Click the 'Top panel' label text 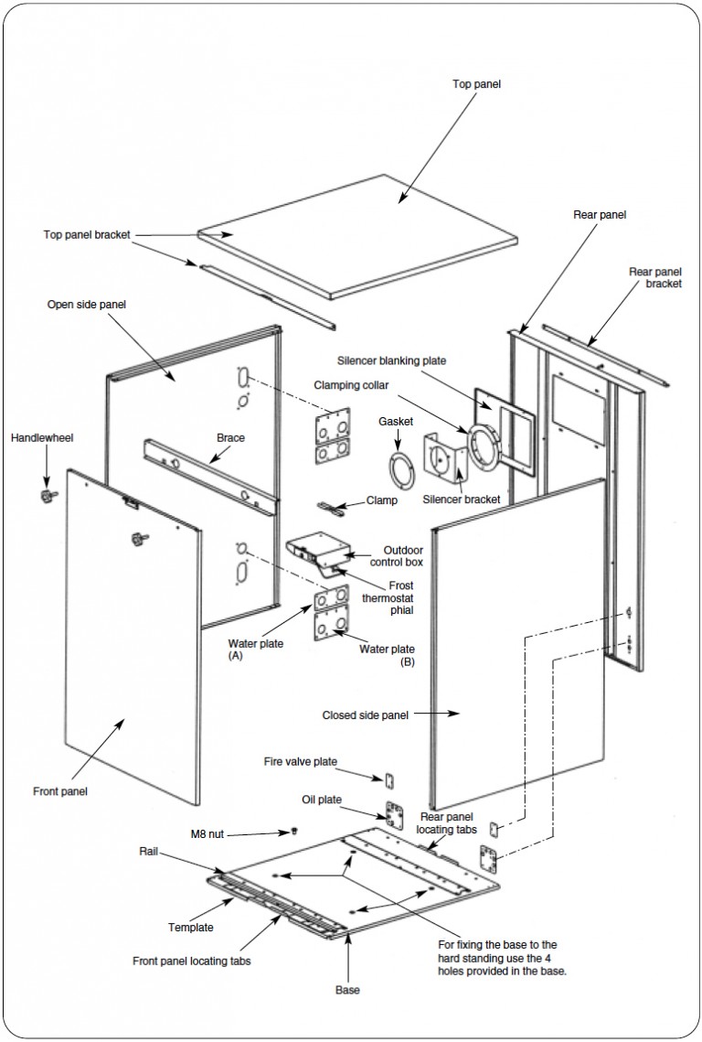(476, 84)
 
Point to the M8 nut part (294, 831)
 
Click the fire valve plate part (390, 779)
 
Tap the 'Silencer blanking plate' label (391, 360)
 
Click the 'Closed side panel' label (366, 715)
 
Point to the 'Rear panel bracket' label (654, 278)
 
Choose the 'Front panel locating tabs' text (192, 961)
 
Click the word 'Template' (191, 928)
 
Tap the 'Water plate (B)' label (388, 655)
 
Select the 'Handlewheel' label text (42, 438)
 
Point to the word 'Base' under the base (347, 990)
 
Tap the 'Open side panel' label (86, 305)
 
